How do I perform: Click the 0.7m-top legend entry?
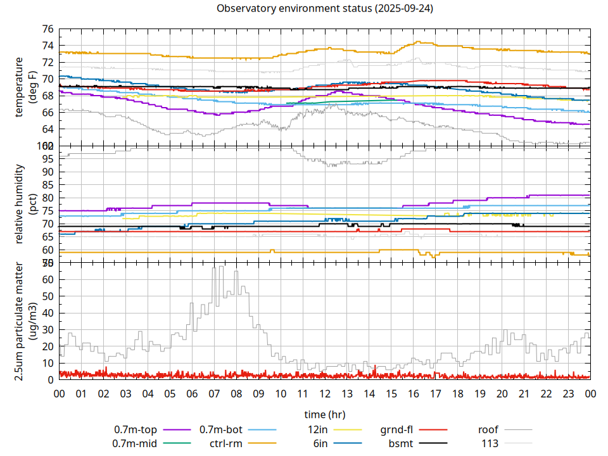[x=136, y=429]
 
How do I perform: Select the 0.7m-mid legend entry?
[x=135, y=443]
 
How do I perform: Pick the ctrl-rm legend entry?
[x=226, y=443]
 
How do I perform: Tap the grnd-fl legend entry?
[x=396, y=429]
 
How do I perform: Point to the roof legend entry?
[x=488, y=429]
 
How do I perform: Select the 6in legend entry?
[x=320, y=443]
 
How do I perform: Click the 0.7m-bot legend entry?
[x=221, y=429]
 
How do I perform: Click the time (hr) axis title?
[x=325, y=414]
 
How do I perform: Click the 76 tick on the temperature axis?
[x=47, y=29]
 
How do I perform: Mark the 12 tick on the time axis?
[x=325, y=393]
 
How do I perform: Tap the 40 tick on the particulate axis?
[x=47, y=313]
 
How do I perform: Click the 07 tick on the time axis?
[x=214, y=393]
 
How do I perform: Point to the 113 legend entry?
[x=490, y=443]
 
